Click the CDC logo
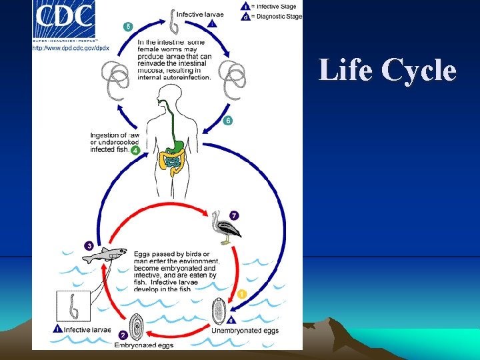[64, 21]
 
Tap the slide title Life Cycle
[387, 70]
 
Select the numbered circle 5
[128, 27]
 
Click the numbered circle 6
[228, 121]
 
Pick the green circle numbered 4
[135, 151]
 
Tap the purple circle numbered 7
[233, 215]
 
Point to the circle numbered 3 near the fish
[89, 245]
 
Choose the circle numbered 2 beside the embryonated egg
[123, 335]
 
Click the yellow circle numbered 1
[241, 294]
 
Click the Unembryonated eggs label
[245, 331]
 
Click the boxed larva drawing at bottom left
[73, 306]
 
